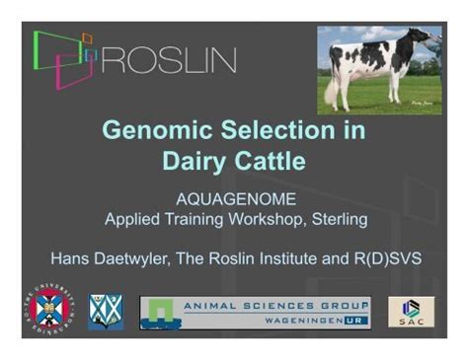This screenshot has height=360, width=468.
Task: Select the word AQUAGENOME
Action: pyautogui.click(x=234, y=198)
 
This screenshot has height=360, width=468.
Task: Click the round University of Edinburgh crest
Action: pyautogui.click(x=48, y=308)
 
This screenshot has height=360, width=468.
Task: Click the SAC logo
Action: pyautogui.click(x=409, y=311)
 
